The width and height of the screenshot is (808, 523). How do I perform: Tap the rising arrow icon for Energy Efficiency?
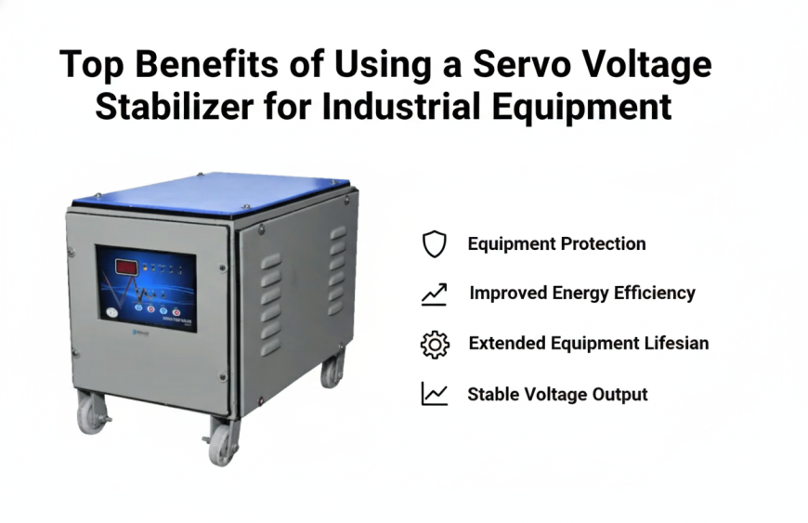point(434,294)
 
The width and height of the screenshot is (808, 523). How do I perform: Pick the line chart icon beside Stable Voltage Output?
point(434,394)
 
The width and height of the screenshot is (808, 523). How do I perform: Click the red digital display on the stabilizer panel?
point(126,268)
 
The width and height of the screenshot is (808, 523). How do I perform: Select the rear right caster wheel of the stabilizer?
point(332,369)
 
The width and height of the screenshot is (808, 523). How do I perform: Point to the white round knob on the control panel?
point(113,313)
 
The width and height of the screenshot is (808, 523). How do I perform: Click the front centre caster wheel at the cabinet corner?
point(223,438)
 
